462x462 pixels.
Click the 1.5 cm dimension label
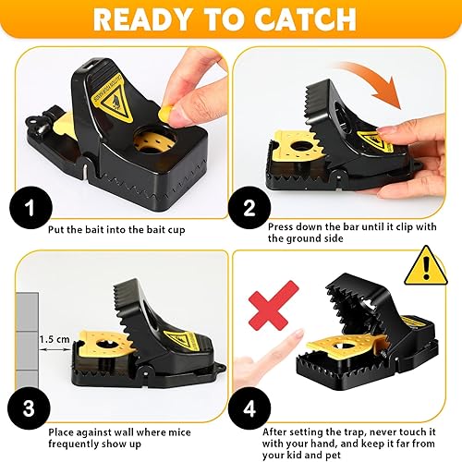[x=55, y=340]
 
